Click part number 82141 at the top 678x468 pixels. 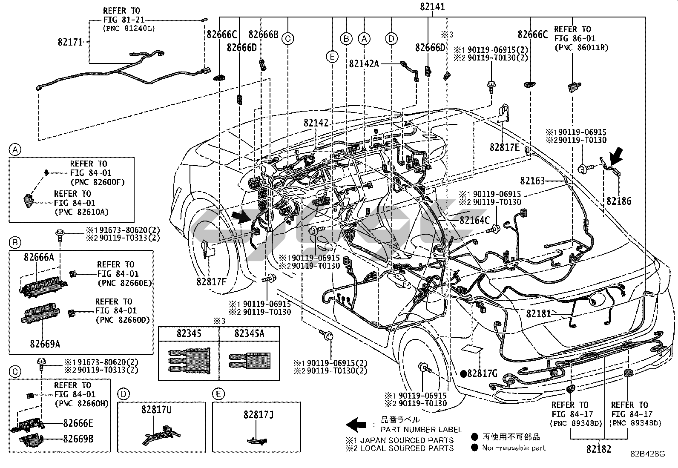pyautogui.click(x=432, y=6)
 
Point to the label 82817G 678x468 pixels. pyautogui.click(x=482, y=374)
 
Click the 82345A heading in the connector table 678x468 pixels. pyautogui.click(x=249, y=333)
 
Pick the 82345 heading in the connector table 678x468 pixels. pyautogui.click(x=189, y=333)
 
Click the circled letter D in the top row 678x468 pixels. pyautogui.click(x=391, y=39)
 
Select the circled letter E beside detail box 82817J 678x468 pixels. pyautogui.click(x=218, y=394)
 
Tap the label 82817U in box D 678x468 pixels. pyautogui.click(x=157, y=410)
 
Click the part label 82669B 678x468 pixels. pyautogui.click(x=78, y=439)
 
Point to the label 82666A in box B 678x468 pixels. pyautogui.click(x=39, y=257)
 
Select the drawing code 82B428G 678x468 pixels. pyautogui.click(x=648, y=454)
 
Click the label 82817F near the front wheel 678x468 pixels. pyautogui.click(x=212, y=281)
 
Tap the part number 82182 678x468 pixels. pyautogui.click(x=598, y=448)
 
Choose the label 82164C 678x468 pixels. pyautogui.click(x=475, y=221)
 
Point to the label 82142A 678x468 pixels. pyautogui.click(x=364, y=63)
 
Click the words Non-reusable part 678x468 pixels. pyautogui.click(x=514, y=448)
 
